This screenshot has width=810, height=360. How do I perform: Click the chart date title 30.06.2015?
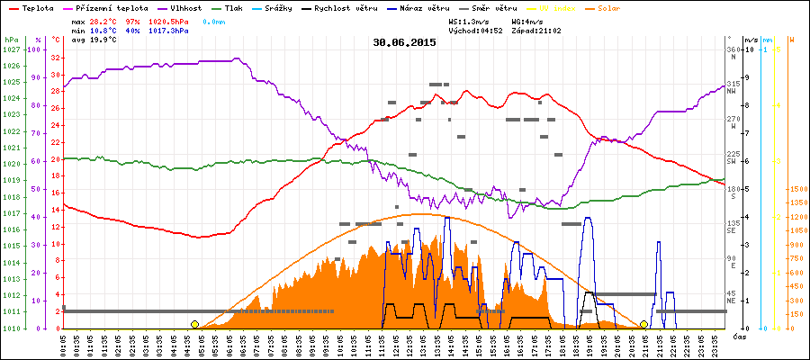click(405, 42)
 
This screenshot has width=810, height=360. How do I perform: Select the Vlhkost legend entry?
click(186, 6)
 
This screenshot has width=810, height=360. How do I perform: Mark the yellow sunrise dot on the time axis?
click(194, 324)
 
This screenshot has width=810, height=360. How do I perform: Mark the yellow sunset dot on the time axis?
click(643, 324)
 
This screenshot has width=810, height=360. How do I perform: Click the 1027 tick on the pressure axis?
click(10, 49)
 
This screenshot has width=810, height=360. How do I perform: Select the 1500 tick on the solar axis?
click(796, 189)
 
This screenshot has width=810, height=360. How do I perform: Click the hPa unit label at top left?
click(11, 40)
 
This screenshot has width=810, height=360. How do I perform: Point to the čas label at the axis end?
click(738, 336)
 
